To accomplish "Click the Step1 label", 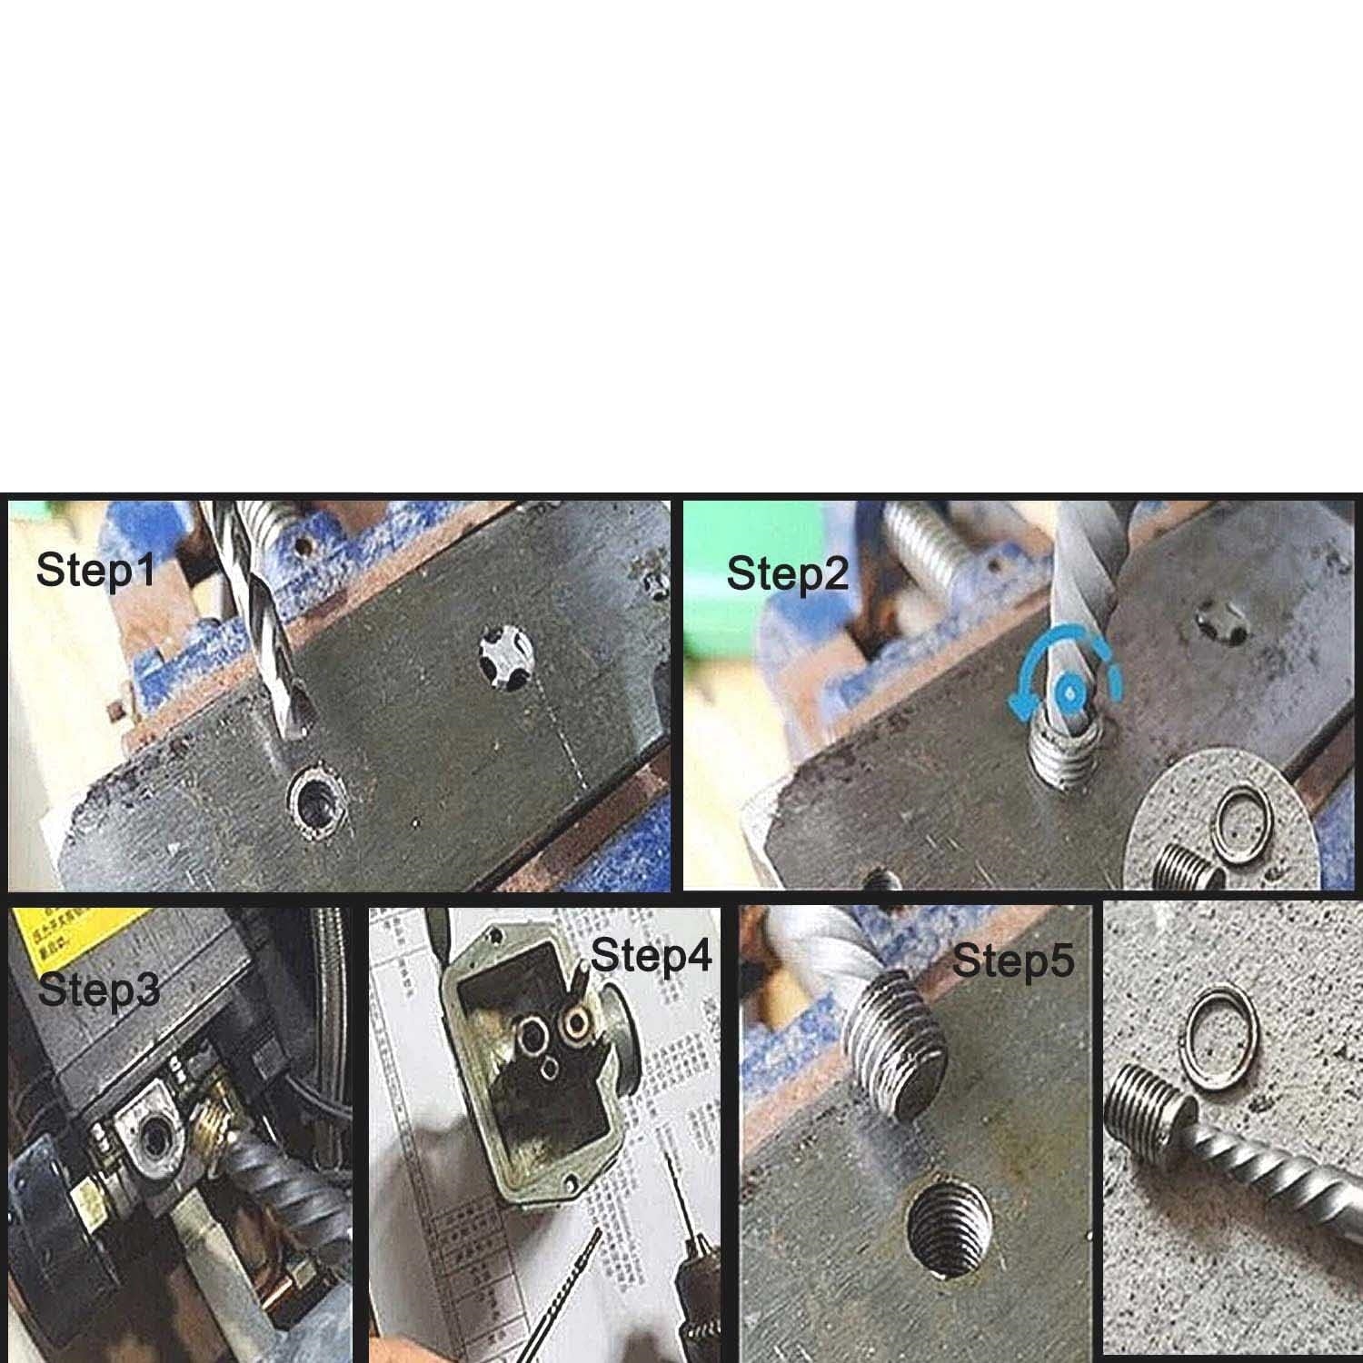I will tap(95, 571).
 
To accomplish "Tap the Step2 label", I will tap(787, 574).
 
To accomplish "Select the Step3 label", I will tap(98, 990).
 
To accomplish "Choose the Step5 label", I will tap(1012, 960).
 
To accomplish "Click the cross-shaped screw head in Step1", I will tap(506, 657).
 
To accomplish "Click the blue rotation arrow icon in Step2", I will tap(1068, 691).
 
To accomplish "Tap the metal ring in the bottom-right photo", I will tap(1223, 1027).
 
